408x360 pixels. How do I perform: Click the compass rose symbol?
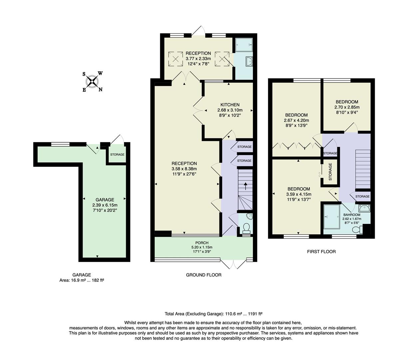tap(92, 81)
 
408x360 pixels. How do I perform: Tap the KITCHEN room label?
tap(230, 105)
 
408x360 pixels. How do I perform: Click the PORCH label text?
tap(202, 243)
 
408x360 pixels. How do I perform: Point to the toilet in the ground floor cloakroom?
tap(246, 228)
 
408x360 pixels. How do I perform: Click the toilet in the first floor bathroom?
tap(356, 230)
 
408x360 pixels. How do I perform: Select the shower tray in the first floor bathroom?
tap(331, 216)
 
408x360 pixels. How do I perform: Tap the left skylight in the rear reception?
tap(175, 59)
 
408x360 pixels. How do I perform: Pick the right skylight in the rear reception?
tap(222, 59)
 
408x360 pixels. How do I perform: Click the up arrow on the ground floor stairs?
tap(246, 185)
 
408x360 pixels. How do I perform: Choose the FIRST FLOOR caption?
tap(321, 252)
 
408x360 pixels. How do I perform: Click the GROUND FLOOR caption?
tap(204, 275)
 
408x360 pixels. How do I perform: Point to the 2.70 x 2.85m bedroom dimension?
tap(347, 107)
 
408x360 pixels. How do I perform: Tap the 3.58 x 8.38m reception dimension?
tap(184, 169)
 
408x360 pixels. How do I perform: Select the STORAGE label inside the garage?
tap(117, 155)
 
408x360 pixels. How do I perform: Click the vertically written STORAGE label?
tap(330, 172)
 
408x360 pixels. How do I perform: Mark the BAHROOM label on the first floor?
tap(352, 215)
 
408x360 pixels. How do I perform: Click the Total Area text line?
tap(213, 314)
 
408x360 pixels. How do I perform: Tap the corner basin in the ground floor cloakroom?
tap(248, 217)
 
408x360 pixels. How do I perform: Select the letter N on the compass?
tap(101, 89)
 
